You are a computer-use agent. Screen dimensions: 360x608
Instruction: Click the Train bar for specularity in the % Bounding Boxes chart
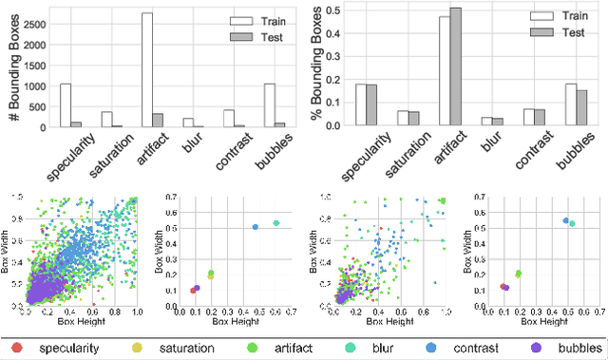(361, 104)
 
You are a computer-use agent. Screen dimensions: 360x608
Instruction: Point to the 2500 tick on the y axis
(37, 22)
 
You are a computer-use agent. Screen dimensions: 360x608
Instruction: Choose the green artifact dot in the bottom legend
(250, 349)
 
